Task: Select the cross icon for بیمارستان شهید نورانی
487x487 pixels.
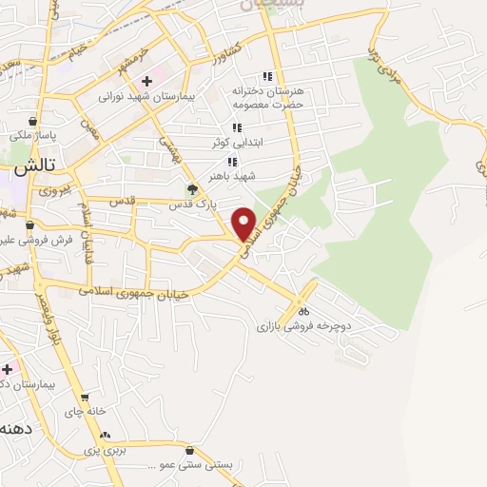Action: point(146,82)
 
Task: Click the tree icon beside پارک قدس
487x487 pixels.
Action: point(193,189)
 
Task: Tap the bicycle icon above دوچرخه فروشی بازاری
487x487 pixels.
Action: point(303,310)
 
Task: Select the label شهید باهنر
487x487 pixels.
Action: point(237,177)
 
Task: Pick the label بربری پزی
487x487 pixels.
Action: point(105,448)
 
